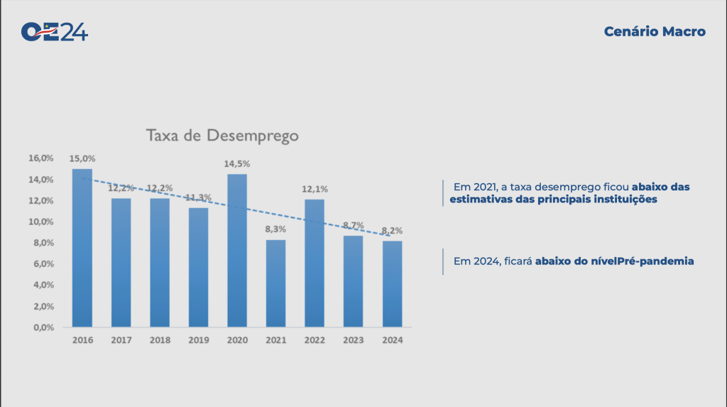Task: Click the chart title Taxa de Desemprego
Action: tap(222, 135)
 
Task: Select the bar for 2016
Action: tap(82, 249)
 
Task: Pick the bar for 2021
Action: tap(275, 284)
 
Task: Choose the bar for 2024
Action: tap(392, 284)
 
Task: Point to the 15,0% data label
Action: tap(82, 158)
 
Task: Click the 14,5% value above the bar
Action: tap(237, 164)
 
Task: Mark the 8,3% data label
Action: tap(275, 230)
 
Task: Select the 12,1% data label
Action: tap(315, 190)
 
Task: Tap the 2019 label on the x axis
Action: tap(198, 340)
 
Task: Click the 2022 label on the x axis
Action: tap(315, 340)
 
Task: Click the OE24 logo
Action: tap(55, 32)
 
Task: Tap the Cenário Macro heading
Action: tap(655, 32)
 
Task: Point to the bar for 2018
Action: tap(160, 263)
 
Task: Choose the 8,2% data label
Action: tap(392, 231)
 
